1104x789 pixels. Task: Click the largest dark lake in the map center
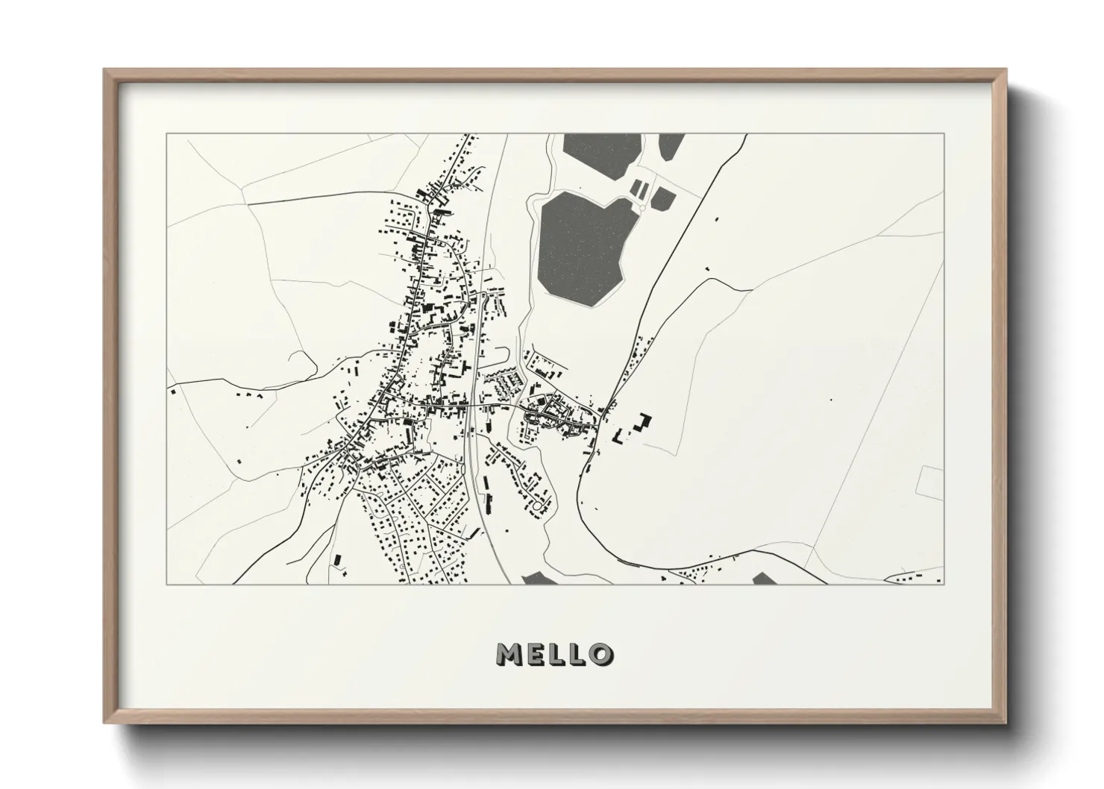(x=582, y=246)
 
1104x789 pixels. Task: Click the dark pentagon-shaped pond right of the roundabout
(x=662, y=199)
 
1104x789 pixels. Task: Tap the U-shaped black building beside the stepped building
(x=619, y=436)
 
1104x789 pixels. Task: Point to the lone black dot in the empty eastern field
(x=830, y=400)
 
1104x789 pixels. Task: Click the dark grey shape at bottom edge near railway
(x=536, y=578)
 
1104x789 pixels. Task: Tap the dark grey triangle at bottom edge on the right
(x=765, y=578)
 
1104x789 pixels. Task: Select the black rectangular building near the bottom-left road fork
(x=336, y=559)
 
